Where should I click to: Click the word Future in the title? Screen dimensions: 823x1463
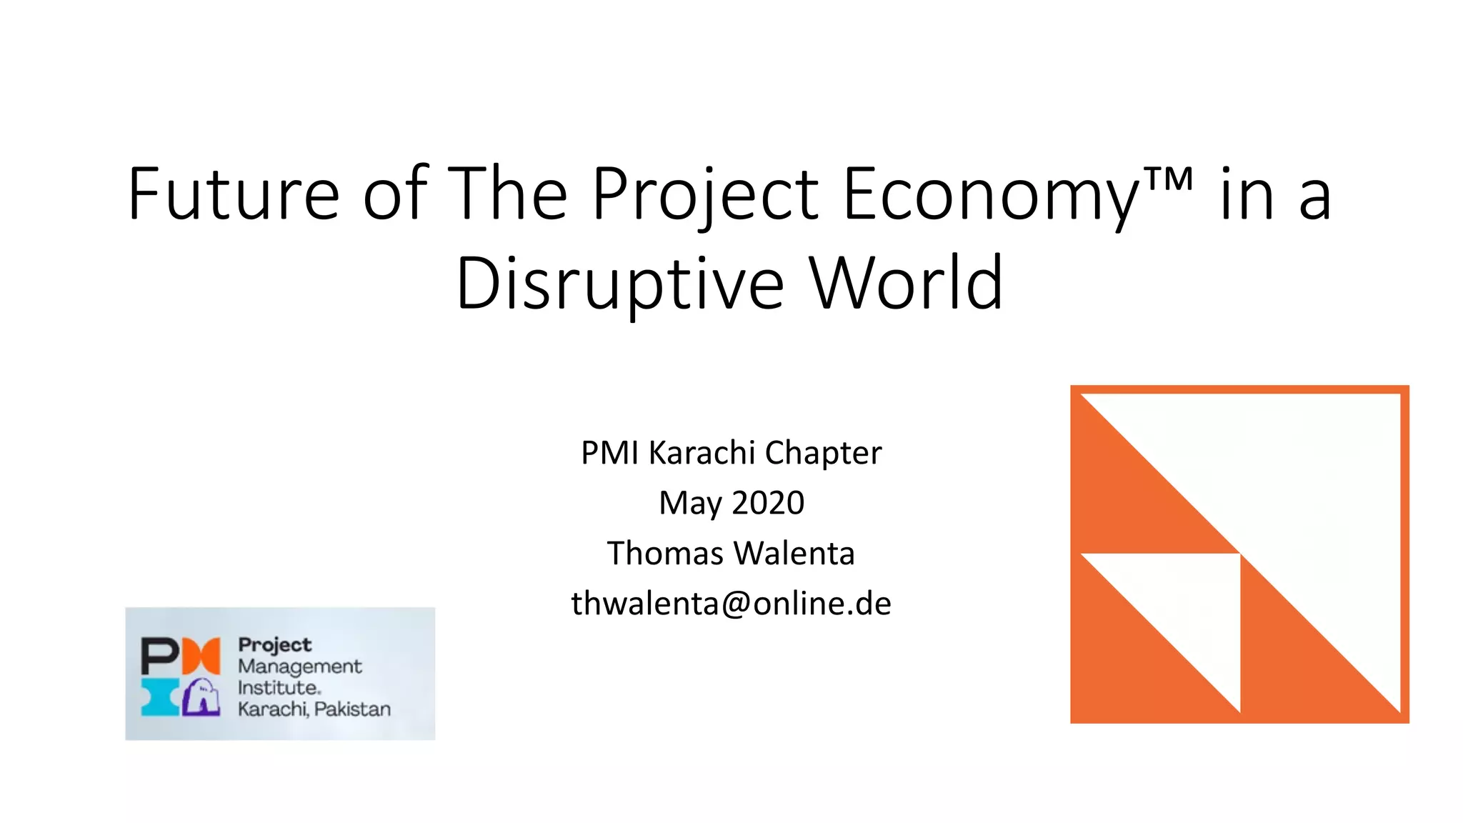tap(233, 194)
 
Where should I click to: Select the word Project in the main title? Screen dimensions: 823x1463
tap(704, 194)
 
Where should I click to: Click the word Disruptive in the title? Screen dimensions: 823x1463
tap(620, 284)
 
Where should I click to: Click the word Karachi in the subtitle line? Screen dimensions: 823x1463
tap(701, 453)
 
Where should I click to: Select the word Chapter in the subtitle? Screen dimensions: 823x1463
tap(823, 453)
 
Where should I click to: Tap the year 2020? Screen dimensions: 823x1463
tap(768, 503)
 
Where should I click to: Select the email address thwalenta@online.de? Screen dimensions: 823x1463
tap(731, 604)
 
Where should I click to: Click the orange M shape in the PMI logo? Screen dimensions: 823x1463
tap(201, 656)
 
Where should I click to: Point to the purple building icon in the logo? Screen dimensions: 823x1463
tap(201, 698)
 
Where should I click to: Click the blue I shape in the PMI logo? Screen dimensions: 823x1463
tap(160, 698)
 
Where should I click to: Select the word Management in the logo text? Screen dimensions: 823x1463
tap(299, 667)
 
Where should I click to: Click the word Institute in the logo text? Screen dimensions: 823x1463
tap(279, 688)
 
